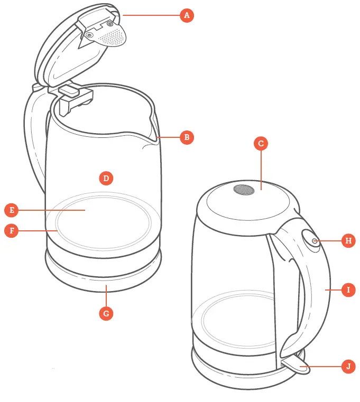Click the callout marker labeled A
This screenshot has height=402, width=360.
[x=186, y=15]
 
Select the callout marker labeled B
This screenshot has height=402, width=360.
[x=186, y=138]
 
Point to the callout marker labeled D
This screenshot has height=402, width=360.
[x=106, y=178]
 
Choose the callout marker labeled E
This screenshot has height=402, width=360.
[x=11, y=210]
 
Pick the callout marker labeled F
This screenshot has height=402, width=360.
[x=11, y=231]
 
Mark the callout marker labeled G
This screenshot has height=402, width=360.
[x=106, y=313]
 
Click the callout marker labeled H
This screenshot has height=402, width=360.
[x=348, y=241]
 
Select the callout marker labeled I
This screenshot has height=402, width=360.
[x=348, y=289]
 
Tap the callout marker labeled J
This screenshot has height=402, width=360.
[x=348, y=366]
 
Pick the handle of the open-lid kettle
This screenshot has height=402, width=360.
[x=33, y=137]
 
